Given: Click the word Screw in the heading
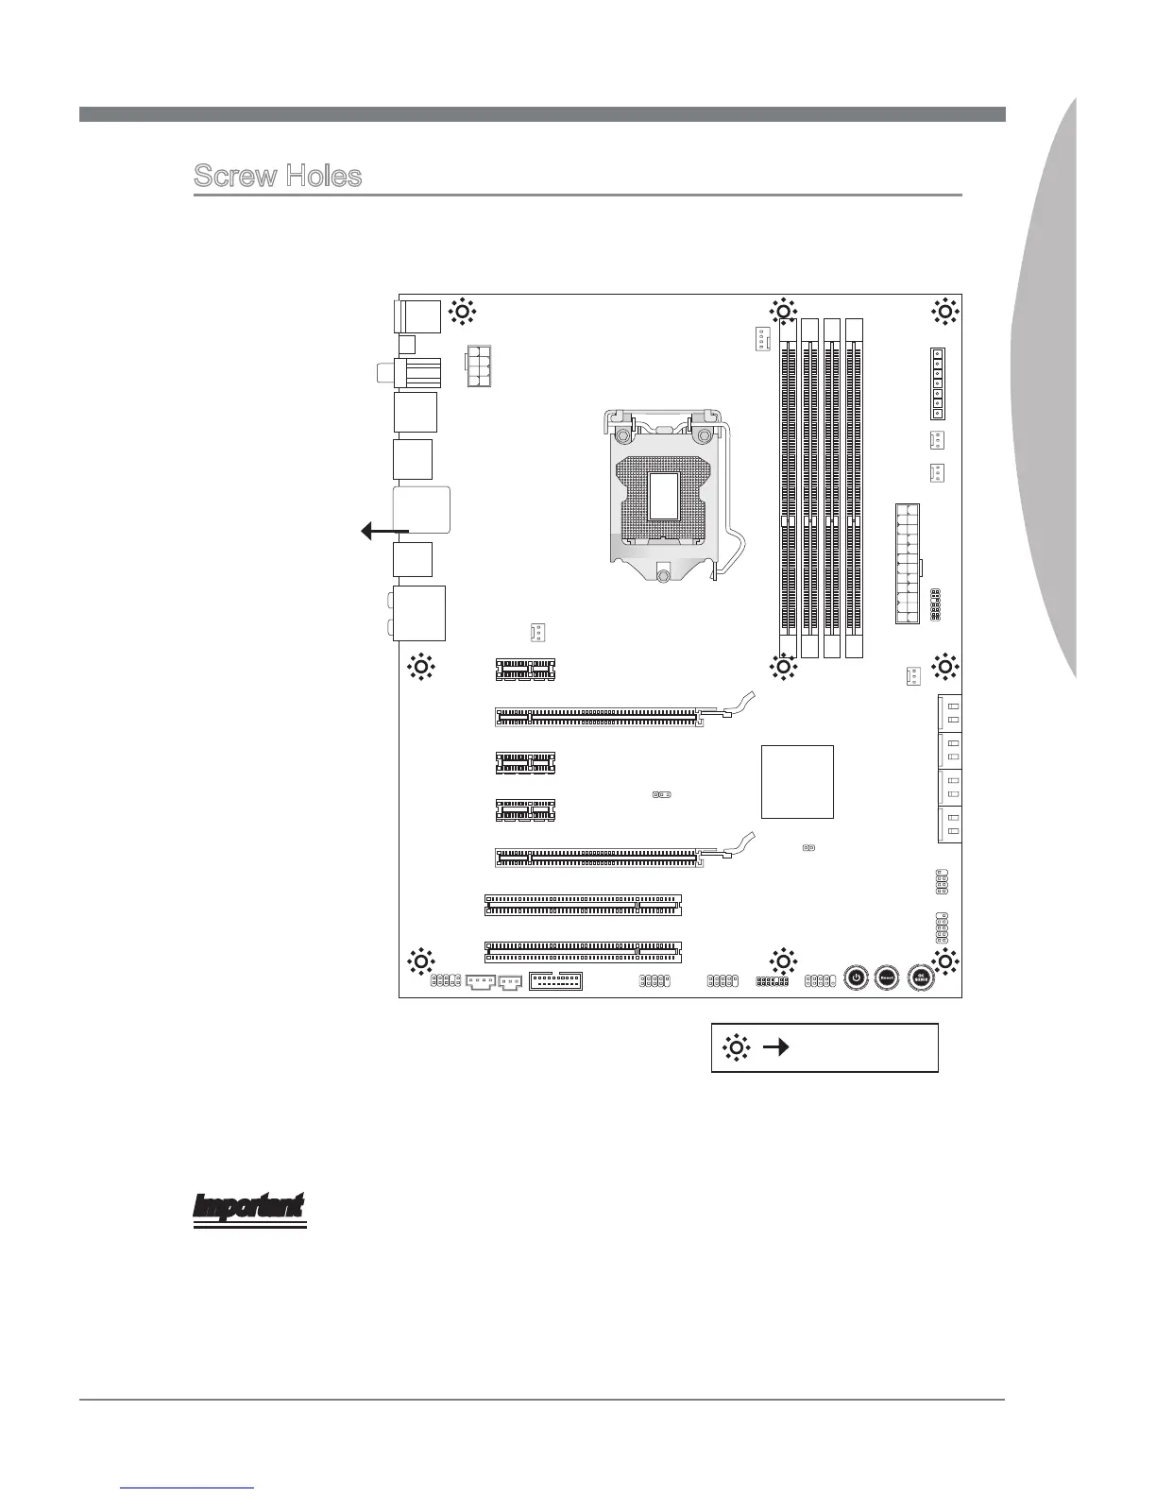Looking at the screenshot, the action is [236, 176].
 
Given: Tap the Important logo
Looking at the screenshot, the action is [249, 1210].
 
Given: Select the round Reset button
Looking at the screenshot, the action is [887, 977].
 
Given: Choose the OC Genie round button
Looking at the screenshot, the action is [921, 977].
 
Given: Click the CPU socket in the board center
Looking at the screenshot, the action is [667, 496].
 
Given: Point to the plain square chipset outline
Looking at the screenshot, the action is [797, 781].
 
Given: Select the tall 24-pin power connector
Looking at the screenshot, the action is [908, 564].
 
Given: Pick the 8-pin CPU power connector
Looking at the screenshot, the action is [479, 366].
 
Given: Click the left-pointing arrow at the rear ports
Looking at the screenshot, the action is [385, 531].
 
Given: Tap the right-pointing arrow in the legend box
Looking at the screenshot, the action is [776, 1047].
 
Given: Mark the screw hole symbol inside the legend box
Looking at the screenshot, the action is [736, 1047].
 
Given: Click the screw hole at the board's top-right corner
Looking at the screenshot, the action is [945, 312].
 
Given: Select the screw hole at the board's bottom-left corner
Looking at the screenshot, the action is [420, 961].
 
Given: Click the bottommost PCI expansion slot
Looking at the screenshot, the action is [583, 952].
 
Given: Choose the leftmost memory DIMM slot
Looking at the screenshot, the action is [789, 488].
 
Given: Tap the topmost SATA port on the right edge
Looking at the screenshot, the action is [949, 713].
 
